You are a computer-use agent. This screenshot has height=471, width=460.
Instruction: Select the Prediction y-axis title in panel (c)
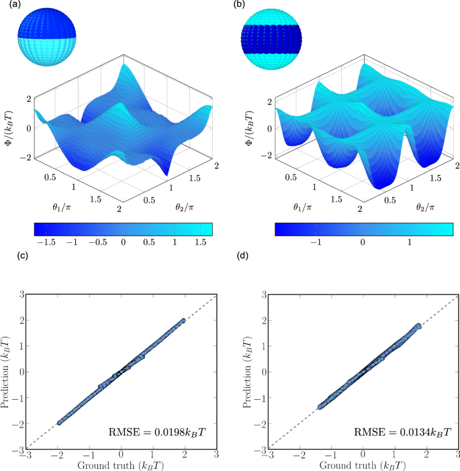9,371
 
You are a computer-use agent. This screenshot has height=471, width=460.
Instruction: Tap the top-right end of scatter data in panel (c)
183,320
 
